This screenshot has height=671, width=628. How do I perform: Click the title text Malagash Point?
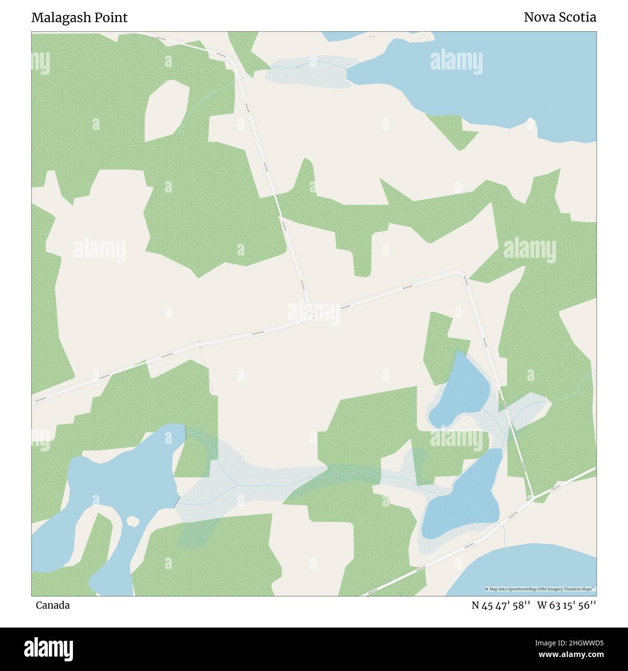[x=79, y=17]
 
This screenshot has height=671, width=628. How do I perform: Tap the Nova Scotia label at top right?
[x=559, y=17]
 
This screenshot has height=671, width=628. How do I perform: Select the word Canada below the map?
[x=52, y=605]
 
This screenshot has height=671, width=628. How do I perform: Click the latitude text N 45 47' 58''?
[x=502, y=605]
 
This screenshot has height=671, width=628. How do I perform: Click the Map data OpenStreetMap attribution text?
[x=540, y=589]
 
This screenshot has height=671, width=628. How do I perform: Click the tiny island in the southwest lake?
[x=132, y=521]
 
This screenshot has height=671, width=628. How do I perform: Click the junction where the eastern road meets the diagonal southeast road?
[x=532, y=499]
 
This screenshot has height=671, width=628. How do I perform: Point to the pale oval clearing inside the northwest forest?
[x=167, y=109]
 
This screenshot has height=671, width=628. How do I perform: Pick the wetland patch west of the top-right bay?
[x=309, y=71]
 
